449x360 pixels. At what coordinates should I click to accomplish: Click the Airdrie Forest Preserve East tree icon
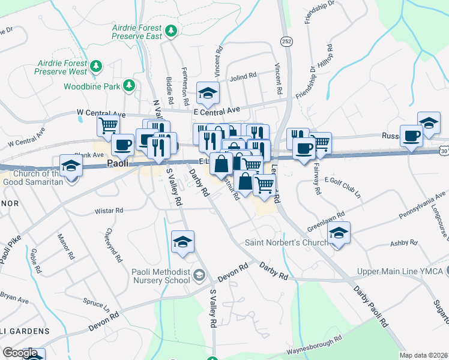[172, 31]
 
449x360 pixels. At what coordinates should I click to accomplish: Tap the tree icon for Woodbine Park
[128, 86]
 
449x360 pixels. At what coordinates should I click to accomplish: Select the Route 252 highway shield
[285, 40]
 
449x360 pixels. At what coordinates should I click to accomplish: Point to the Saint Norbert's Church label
[286, 243]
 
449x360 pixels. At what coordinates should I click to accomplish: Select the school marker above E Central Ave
[208, 93]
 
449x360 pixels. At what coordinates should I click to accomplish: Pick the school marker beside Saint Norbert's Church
[339, 233]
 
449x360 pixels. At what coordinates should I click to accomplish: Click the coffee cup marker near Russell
[412, 136]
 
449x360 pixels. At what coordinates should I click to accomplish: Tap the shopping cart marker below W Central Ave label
[108, 125]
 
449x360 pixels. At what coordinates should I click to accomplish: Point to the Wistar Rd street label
[109, 211]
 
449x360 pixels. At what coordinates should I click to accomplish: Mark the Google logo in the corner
[20, 353]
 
